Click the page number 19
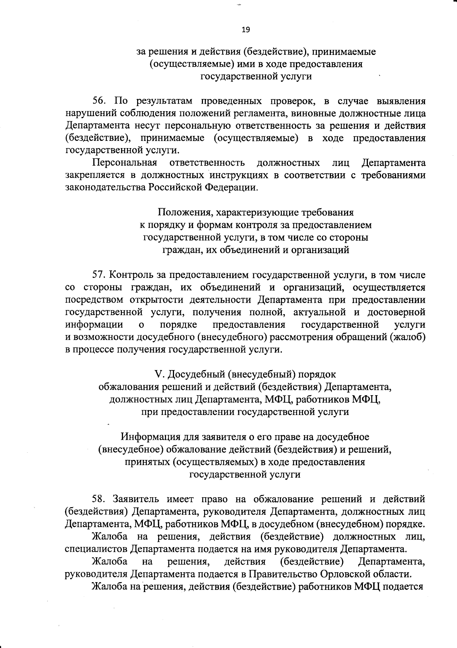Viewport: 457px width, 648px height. point(246,30)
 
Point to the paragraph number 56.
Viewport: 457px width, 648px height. point(99,101)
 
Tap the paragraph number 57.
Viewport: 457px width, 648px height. point(99,275)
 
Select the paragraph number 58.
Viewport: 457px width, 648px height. point(99,499)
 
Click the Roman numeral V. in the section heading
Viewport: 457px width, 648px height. point(159,374)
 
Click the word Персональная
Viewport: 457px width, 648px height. point(125,163)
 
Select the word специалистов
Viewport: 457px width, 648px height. point(96,549)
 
